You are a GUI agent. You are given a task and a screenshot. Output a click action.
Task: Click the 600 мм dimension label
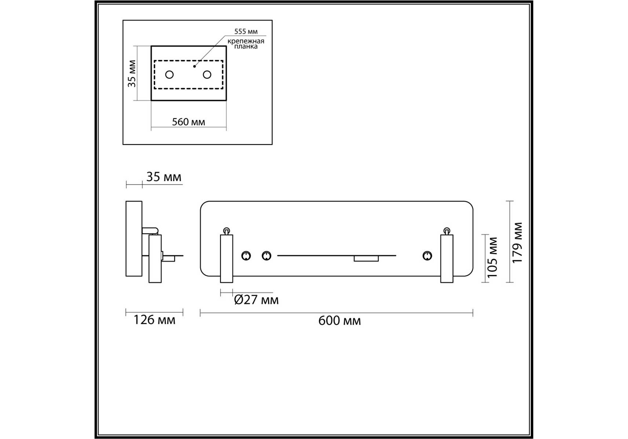click(339, 321)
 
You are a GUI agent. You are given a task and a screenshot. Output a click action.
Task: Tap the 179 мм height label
click(517, 243)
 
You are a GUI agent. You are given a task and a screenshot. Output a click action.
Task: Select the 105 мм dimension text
click(493, 257)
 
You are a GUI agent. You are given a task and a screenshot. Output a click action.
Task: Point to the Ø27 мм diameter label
click(256, 300)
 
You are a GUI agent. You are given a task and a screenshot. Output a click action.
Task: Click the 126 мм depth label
click(154, 320)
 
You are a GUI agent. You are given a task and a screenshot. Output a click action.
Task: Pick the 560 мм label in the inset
click(189, 122)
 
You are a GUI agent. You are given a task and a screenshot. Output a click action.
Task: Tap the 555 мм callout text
click(246, 31)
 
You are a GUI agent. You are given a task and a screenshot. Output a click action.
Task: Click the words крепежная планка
click(246, 44)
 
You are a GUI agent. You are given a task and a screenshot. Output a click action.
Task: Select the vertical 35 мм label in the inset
click(132, 74)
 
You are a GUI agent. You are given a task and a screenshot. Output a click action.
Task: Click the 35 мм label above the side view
click(164, 177)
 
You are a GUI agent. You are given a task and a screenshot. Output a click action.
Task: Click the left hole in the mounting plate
click(169, 75)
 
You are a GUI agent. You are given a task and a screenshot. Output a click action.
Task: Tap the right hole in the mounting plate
click(207, 75)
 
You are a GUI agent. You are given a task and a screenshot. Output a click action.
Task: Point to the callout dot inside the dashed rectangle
click(194, 66)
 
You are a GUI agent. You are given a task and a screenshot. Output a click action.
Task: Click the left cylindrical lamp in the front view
click(226, 258)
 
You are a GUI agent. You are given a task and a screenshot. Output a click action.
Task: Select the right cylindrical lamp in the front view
click(447, 258)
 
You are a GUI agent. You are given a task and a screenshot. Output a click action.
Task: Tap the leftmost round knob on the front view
click(246, 256)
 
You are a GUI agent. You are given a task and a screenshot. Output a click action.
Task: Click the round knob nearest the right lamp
click(427, 256)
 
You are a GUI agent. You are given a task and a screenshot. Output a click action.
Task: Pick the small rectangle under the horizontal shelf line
click(366, 259)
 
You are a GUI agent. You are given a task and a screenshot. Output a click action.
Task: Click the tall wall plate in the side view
click(134, 239)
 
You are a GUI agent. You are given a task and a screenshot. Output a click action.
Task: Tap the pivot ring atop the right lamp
click(447, 231)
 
